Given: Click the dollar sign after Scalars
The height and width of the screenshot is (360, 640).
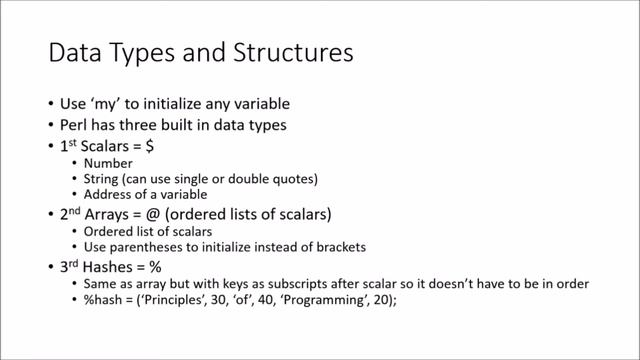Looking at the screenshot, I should [x=150, y=148].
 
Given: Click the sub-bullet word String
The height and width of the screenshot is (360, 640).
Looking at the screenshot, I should [x=103, y=180].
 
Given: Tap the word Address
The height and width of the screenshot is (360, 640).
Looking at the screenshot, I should [x=110, y=195].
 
